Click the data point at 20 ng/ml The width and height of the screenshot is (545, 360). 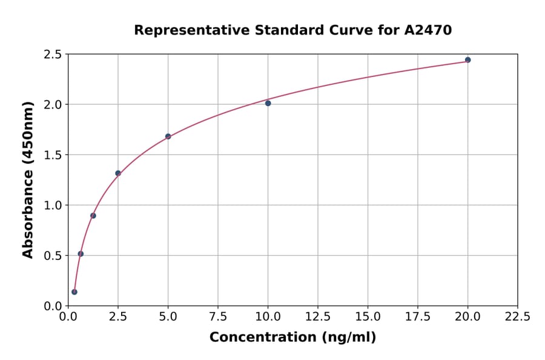(x=467, y=60)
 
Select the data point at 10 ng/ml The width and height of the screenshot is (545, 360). (x=268, y=103)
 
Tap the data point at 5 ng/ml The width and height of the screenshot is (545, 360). (x=168, y=136)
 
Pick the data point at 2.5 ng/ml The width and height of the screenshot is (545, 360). (x=118, y=173)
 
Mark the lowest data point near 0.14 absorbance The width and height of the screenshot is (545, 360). (x=74, y=292)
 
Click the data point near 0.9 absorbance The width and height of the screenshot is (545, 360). (x=93, y=216)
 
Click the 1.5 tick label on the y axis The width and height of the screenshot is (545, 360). (x=53, y=155)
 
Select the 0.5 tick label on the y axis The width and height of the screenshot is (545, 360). (x=53, y=256)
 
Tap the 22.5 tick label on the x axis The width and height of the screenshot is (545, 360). (x=517, y=317)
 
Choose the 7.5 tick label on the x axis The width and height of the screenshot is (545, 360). (x=218, y=317)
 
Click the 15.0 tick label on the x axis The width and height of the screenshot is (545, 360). (x=368, y=317)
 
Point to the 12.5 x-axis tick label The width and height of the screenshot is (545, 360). (x=318, y=317)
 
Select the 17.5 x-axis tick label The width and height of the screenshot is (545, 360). (x=418, y=317)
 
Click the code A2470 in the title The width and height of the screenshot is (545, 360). (x=428, y=30)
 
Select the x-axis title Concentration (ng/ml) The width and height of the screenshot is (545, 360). (x=292, y=338)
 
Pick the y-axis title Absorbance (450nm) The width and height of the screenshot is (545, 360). (x=28, y=180)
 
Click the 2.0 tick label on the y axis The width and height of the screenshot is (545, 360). (x=53, y=105)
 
